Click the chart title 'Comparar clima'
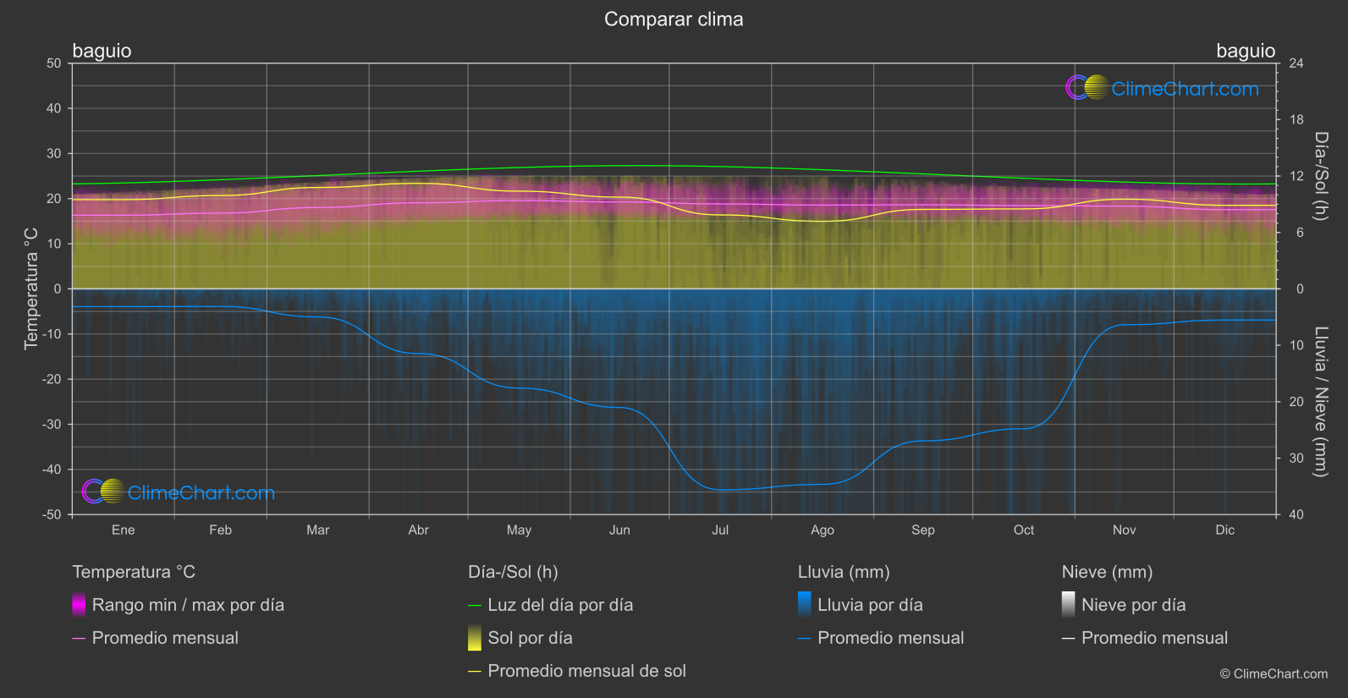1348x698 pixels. click(x=674, y=19)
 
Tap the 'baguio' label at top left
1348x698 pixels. click(x=102, y=51)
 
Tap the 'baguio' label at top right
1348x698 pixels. click(x=1245, y=51)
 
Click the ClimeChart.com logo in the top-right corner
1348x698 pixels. click(x=1163, y=88)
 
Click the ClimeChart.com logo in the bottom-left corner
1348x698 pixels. click(x=179, y=492)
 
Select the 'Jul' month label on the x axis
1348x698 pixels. click(x=720, y=530)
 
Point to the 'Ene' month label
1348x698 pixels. click(x=124, y=530)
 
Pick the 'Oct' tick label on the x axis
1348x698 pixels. click(x=1023, y=530)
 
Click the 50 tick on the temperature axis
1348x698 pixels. click(x=54, y=63)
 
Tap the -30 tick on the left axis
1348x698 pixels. click(x=52, y=425)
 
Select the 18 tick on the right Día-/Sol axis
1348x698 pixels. click(x=1296, y=120)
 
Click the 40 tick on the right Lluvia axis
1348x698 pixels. click(x=1296, y=514)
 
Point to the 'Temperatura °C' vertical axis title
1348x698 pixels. click(x=31, y=289)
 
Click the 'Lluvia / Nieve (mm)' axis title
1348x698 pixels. click(x=1321, y=402)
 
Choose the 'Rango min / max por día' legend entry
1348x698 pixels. click(x=188, y=605)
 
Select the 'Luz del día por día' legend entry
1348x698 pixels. click(x=560, y=605)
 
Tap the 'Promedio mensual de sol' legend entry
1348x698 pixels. click(x=586, y=671)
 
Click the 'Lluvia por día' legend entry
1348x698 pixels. click(x=870, y=605)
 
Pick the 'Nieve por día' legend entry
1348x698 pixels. click(x=1133, y=605)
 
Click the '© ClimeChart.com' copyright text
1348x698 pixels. click(x=1274, y=674)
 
